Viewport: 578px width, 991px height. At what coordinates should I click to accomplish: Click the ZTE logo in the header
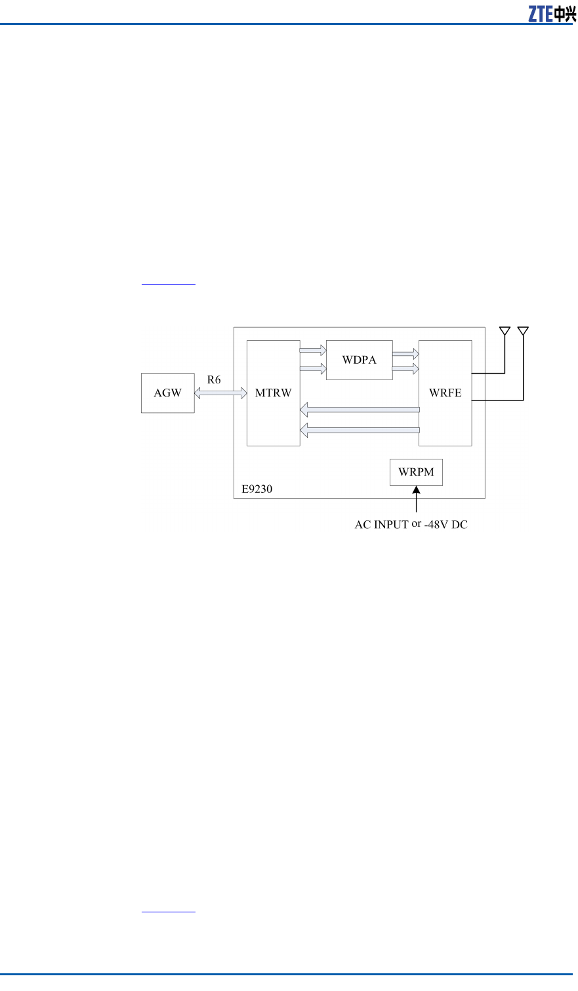click(552, 14)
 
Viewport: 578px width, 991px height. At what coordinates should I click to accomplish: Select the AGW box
click(168, 393)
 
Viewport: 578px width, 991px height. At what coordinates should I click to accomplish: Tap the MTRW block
click(274, 393)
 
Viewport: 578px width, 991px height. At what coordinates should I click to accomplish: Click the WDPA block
click(360, 360)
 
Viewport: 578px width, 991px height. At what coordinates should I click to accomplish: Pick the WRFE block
click(445, 393)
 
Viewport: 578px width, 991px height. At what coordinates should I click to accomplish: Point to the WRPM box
click(416, 472)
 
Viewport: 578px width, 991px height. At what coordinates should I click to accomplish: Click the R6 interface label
click(214, 379)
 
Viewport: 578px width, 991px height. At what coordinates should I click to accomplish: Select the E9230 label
click(257, 489)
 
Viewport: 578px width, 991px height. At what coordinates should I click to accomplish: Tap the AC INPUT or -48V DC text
click(411, 525)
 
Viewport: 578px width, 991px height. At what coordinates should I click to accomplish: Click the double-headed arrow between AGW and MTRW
click(220, 393)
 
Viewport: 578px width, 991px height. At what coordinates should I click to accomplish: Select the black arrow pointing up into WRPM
click(416, 498)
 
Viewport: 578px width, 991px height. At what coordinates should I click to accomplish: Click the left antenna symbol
click(505, 331)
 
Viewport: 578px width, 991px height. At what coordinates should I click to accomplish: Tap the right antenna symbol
click(523, 331)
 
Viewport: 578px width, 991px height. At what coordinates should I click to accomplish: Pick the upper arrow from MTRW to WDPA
click(313, 350)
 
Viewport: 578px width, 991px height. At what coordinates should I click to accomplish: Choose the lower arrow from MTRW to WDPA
click(313, 369)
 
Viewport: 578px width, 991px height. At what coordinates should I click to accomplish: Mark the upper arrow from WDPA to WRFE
click(405, 353)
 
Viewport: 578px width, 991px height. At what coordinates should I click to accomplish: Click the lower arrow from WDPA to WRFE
click(405, 370)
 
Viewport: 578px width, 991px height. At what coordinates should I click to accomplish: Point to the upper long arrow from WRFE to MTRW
click(360, 410)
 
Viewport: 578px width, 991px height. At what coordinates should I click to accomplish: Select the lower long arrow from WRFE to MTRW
click(360, 430)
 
